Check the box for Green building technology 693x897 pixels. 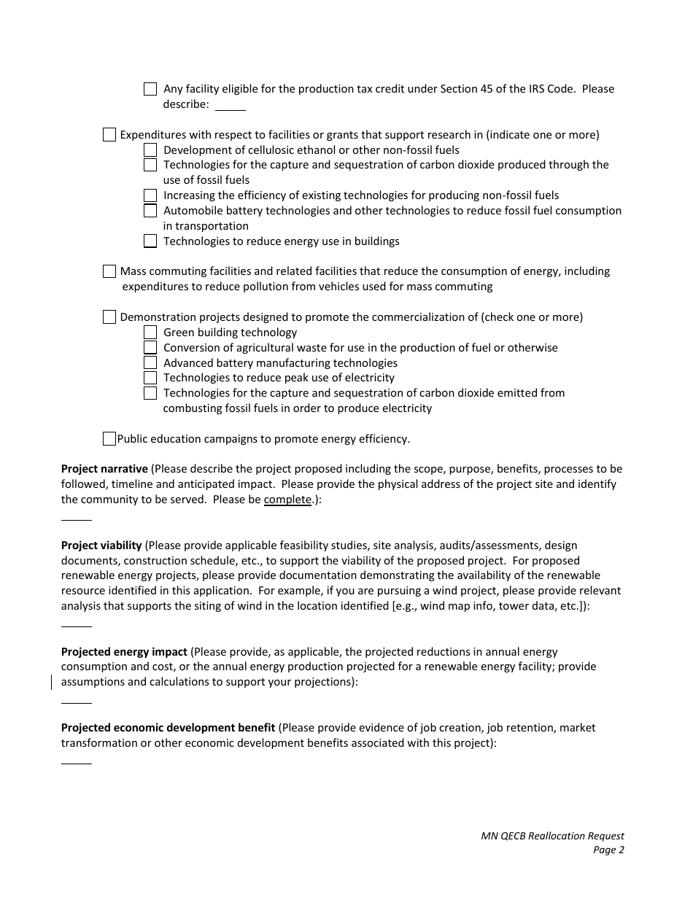tap(150, 333)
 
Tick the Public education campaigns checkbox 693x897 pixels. tap(109, 439)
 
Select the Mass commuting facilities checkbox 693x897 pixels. tap(109, 271)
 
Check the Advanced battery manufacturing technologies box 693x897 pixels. tap(150, 363)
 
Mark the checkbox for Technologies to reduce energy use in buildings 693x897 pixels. tap(150, 241)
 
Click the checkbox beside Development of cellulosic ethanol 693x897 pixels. tap(150, 150)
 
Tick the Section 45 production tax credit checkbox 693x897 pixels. tap(150, 89)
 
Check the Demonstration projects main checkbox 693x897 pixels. tap(109, 317)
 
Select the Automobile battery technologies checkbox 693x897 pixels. tap(150, 211)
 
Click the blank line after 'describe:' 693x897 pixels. tap(231, 106)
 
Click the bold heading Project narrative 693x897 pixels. tap(104, 469)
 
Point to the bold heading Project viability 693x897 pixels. tap(101, 545)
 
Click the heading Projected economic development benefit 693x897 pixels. tap(168, 728)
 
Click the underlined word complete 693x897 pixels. tap(287, 500)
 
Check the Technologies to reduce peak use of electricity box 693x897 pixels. tap(150, 378)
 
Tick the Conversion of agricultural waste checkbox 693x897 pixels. tap(150, 348)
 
